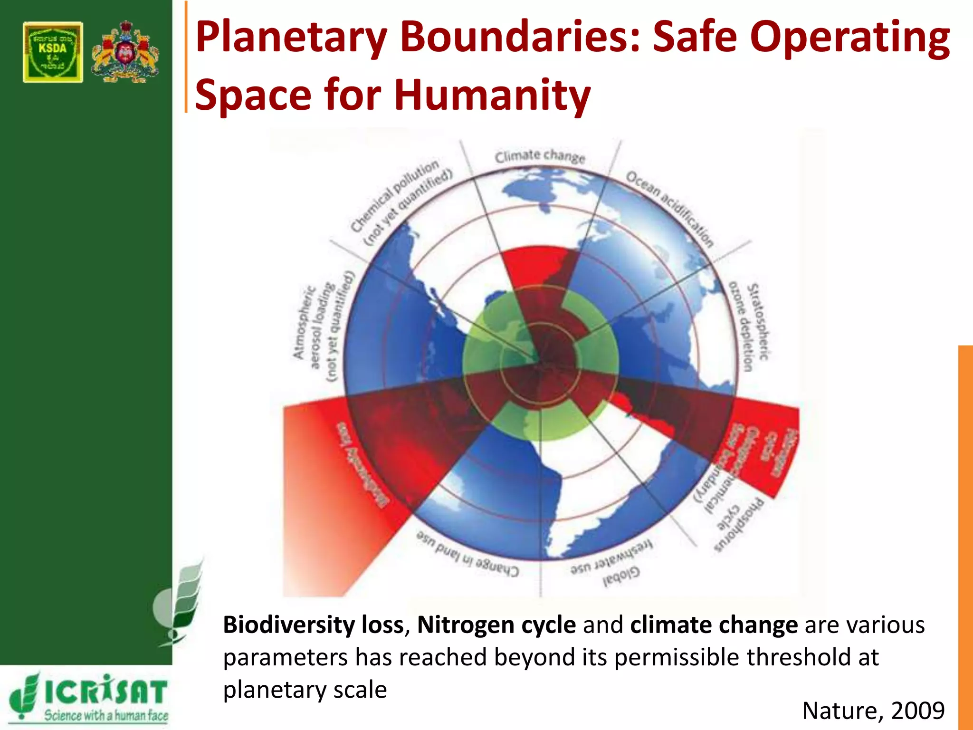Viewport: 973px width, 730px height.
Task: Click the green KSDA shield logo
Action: coord(53,52)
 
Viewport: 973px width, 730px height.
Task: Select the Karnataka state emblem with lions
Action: coord(125,52)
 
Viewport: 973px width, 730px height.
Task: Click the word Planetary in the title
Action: coord(291,38)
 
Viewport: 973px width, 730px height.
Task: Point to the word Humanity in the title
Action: coord(492,95)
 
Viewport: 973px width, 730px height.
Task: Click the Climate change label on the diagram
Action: coord(540,156)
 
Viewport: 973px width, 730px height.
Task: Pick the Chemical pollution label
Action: coord(401,202)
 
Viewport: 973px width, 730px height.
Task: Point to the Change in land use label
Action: coord(467,554)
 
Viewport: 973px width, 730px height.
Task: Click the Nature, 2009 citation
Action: coord(873,711)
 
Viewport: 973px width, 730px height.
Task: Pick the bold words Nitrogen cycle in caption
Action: coord(496,625)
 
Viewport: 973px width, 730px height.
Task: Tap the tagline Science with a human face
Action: coord(106,716)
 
